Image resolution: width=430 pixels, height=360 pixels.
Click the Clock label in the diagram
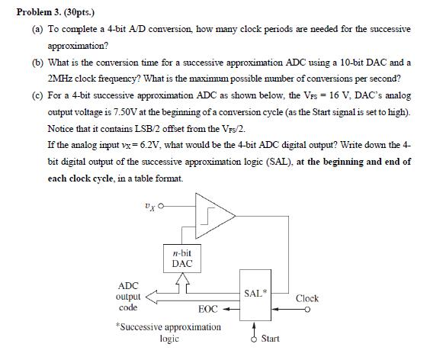(306, 298)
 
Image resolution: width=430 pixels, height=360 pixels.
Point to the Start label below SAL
(271, 337)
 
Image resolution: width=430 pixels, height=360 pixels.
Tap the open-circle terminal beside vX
(162, 204)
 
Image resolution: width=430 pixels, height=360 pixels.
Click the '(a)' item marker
(31, 29)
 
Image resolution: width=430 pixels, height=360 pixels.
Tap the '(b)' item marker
(31, 63)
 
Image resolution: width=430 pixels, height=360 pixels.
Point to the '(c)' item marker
(31, 97)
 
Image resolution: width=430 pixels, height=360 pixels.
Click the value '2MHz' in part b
(61, 79)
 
